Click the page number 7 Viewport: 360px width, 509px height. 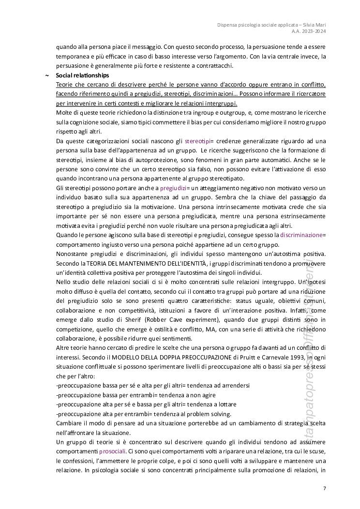click(325, 488)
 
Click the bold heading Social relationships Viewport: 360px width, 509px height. click(82, 75)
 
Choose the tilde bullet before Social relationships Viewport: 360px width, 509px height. click(46, 75)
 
